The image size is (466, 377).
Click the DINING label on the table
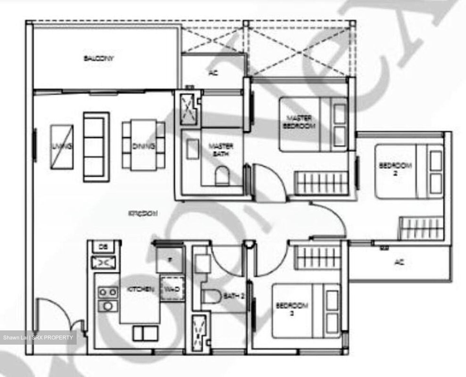tap(143, 146)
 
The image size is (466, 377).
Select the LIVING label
tap(61, 147)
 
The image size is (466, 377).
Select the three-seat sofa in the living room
tap(96, 147)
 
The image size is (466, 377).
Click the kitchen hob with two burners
tap(107, 292)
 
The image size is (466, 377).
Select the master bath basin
tap(192, 149)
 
